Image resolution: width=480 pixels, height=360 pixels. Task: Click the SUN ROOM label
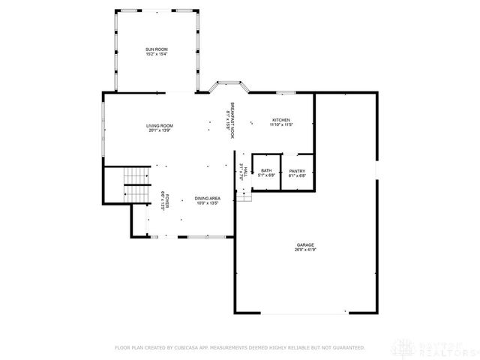[156, 49]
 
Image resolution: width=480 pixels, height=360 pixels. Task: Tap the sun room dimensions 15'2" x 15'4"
[156, 55]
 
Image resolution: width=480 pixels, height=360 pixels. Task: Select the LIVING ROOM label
[160, 125]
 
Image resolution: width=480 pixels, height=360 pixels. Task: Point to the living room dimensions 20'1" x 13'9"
[160, 130]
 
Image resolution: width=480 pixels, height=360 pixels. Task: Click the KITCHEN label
[281, 120]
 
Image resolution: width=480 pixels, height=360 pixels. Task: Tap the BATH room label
[265, 171]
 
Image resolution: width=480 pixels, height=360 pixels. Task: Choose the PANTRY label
[297, 171]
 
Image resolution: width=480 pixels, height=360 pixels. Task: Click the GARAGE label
[304, 244]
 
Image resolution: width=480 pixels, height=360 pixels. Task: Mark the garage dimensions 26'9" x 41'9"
[304, 250]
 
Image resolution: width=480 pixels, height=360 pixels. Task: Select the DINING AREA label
[207, 198]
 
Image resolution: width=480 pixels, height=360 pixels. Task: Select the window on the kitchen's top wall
[285, 92]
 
